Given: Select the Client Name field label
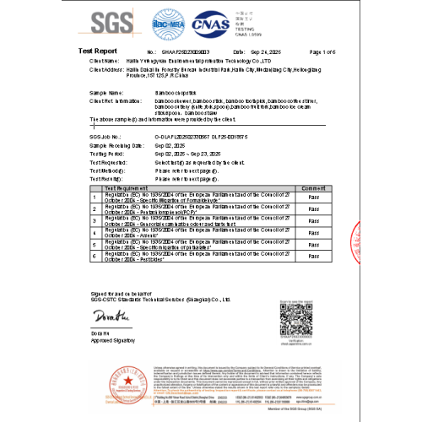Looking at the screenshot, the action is [106, 62].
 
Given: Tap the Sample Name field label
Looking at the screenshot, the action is [107, 92].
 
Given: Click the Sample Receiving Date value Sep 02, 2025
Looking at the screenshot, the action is [169, 144].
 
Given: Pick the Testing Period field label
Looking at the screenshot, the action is [106, 154].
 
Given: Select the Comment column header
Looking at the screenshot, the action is [312, 188].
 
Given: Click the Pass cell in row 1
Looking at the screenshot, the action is [312, 197].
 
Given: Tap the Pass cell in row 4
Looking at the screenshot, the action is [312, 231].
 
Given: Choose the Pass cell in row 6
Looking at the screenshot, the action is [312, 255].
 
